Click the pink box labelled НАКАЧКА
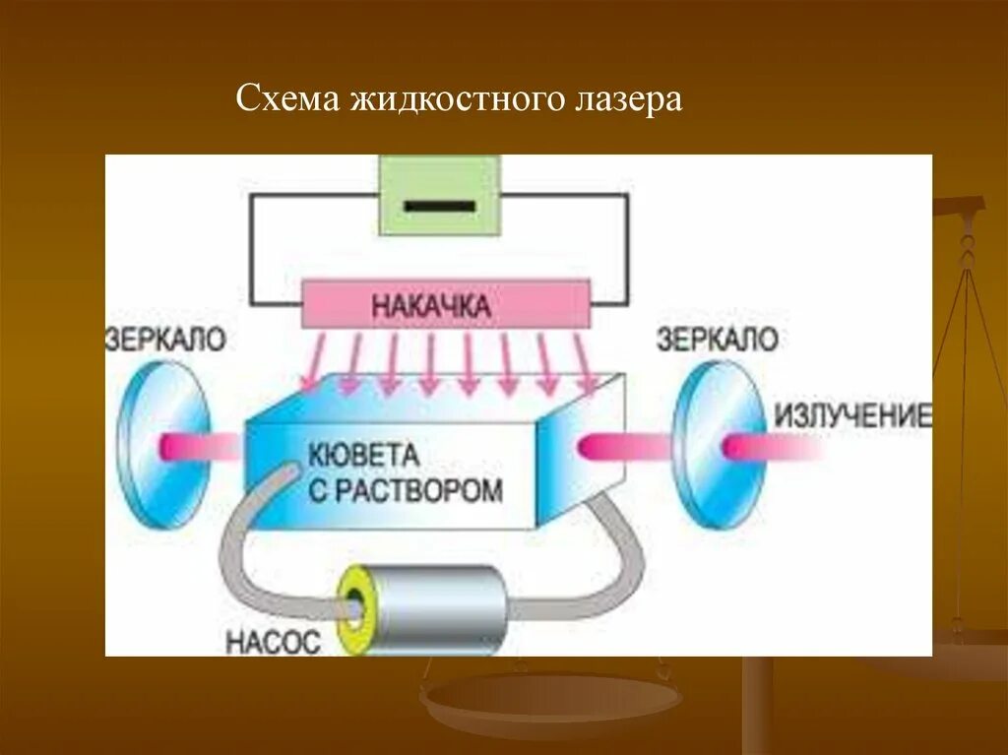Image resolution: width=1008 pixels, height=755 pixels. (445, 305)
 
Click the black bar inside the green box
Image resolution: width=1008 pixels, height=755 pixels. (440, 207)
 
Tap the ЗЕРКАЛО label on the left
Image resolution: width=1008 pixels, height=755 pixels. (165, 340)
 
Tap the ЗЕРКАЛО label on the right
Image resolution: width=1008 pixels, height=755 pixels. (717, 340)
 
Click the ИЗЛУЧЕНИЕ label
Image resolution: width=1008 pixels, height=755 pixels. (852, 416)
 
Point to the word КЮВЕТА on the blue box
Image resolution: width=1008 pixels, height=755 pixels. (364, 456)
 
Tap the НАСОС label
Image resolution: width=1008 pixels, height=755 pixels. (273, 643)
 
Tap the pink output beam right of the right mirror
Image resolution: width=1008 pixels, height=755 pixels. (773, 449)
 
